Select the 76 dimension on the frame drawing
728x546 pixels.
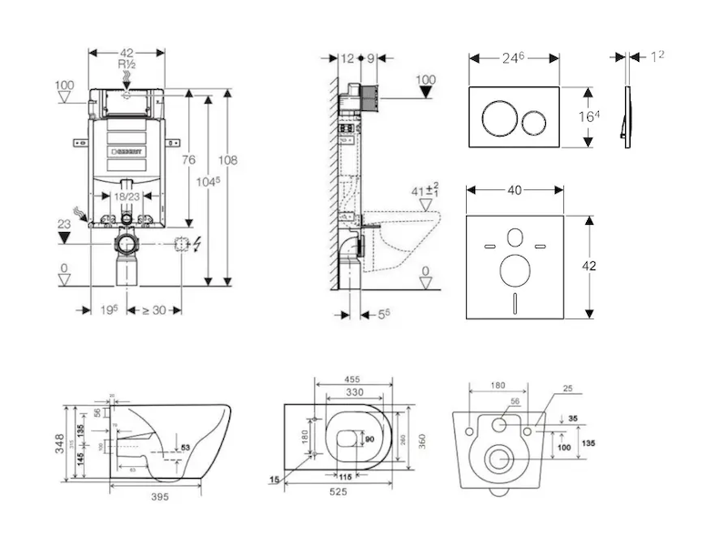coord(188,161)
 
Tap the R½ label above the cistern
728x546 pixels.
coord(126,65)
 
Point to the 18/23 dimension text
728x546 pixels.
coord(126,197)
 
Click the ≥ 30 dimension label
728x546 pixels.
coord(152,310)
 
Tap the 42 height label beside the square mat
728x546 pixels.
coord(591,267)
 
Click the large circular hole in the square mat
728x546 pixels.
coord(514,270)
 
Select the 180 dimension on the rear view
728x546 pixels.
coord(499,386)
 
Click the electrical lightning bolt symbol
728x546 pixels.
coord(198,244)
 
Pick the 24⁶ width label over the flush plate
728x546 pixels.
coord(514,56)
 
